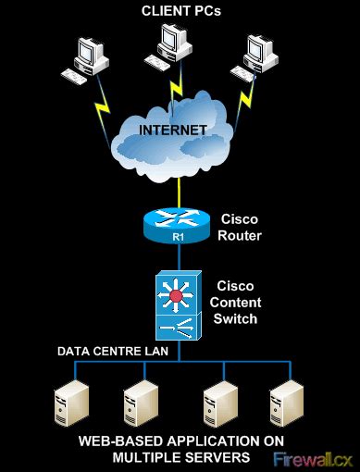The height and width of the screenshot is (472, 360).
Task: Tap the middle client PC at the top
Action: pos(173,43)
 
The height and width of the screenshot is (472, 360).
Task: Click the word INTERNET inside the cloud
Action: pos(173,130)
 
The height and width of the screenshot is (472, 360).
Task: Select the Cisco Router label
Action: pos(240,228)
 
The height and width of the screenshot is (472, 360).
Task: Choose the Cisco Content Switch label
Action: pos(238,302)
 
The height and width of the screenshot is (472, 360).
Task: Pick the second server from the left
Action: pos(139,401)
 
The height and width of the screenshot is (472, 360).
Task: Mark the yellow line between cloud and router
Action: pos(173,190)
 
